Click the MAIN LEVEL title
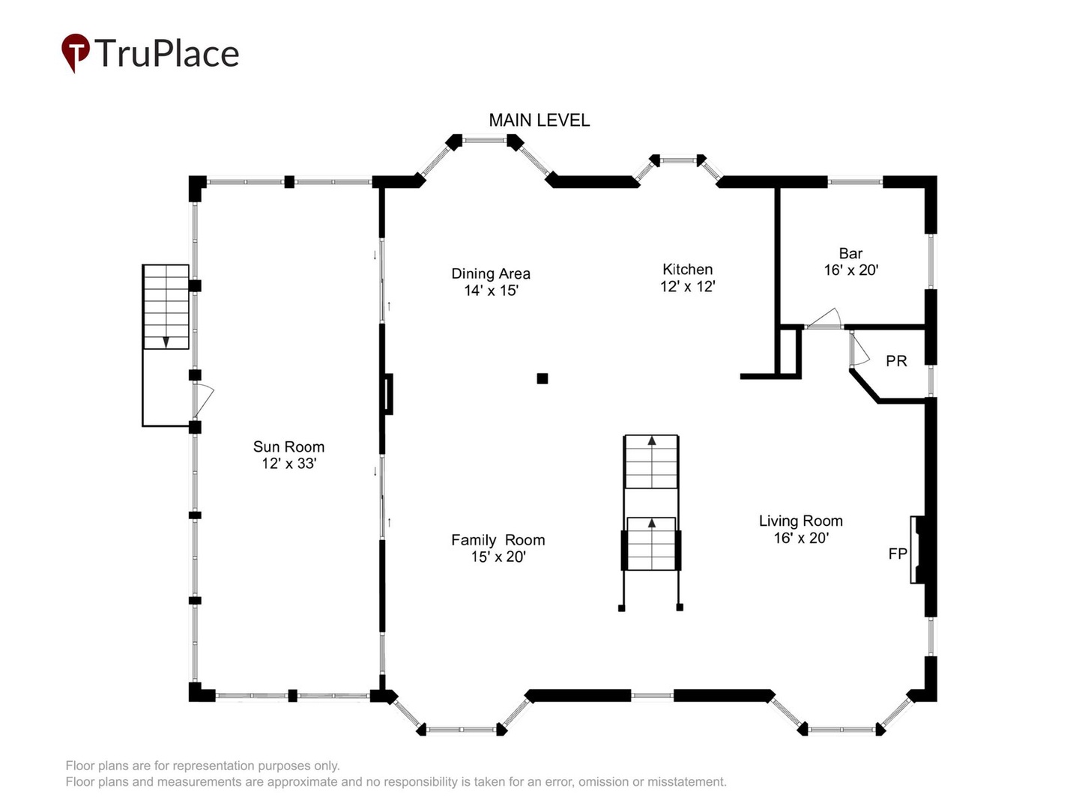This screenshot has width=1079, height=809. pyautogui.click(x=539, y=120)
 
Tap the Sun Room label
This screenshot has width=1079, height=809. pyautogui.click(x=288, y=446)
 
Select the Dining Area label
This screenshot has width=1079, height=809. pyautogui.click(x=491, y=273)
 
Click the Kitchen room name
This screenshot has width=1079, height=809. pyautogui.click(x=687, y=269)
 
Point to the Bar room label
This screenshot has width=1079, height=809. pyautogui.click(x=850, y=253)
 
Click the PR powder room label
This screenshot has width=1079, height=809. pyautogui.click(x=896, y=361)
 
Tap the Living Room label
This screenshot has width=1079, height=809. pyautogui.click(x=800, y=521)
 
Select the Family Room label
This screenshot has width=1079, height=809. pyautogui.click(x=498, y=540)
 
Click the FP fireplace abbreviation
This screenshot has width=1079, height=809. pyautogui.click(x=898, y=554)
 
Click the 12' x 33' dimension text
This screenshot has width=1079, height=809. pyautogui.click(x=288, y=464)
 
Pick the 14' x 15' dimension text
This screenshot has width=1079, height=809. pyautogui.click(x=491, y=291)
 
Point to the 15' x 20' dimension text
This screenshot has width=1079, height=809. pyautogui.click(x=498, y=557)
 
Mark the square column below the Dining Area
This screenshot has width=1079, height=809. pyautogui.click(x=542, y=378)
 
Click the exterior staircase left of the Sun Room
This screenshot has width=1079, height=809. pyautogui.click(x=166, y=307)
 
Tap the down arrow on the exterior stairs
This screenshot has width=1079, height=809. pyautogui.click(x=166, y=342)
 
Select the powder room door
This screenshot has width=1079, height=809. pyautogui.click(x=859, y=349)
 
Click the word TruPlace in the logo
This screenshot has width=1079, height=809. pyautogui.click(x=166, y=53)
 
